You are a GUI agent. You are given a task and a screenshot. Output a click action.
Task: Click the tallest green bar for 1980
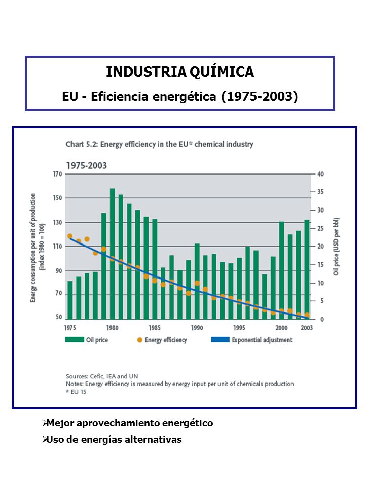(x=113, y=254)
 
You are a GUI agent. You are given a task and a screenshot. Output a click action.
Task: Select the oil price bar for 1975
(x=70, y=300)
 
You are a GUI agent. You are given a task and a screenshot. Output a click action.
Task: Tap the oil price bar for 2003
(x=307, y=269)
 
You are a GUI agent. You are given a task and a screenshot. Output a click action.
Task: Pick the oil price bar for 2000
(x=282, y=270)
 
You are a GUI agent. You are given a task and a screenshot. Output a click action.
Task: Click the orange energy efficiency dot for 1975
(x=70, y=236)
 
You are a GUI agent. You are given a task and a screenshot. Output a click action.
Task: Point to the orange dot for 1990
(x=197, y=283)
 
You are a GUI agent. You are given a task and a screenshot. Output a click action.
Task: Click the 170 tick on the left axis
(x=57, y=174)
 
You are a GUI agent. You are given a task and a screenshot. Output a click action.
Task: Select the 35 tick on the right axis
(x=320, y=192)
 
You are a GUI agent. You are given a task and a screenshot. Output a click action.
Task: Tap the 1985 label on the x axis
(x=155, y=328)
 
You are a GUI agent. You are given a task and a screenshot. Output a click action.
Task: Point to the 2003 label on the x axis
(x=307, y=328)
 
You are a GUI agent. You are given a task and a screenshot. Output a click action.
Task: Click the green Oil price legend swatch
(x=75, y=340)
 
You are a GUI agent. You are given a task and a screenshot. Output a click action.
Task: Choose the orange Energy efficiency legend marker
(x=140, y=340)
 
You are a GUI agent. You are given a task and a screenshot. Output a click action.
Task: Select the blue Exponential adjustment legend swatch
(x=221, y=340)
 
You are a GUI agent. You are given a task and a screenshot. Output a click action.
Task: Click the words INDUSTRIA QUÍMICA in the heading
(x=180, y=72)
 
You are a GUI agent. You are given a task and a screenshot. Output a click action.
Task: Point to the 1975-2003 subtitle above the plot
(x=87, y=165)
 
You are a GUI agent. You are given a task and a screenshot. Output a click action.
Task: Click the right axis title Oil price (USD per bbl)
(x=336, y=247)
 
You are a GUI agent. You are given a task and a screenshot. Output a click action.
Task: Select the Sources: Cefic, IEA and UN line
(x=102, y=376)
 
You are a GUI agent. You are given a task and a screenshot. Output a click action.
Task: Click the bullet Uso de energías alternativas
(x=112, y=439)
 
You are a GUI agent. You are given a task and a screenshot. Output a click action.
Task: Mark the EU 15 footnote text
(x=76, y=392)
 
